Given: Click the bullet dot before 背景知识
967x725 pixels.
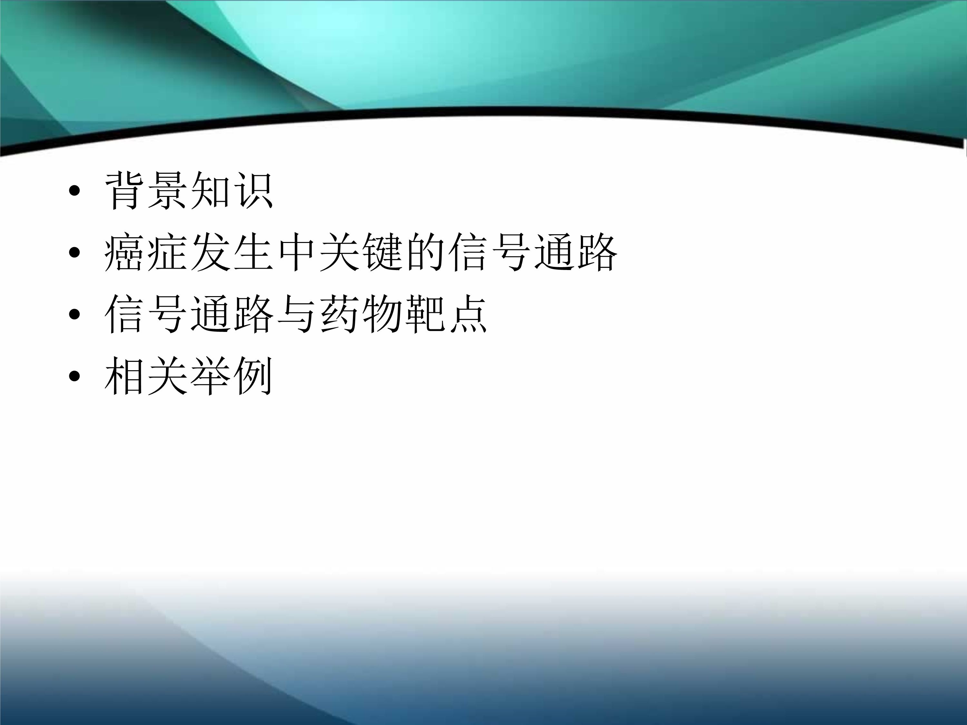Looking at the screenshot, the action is coord(75,191).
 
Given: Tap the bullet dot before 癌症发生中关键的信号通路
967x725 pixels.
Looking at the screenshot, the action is coord(75,253).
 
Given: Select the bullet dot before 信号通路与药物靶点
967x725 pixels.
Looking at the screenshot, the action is coord(75,314).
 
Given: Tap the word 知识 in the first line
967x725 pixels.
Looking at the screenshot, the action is coord(232,191).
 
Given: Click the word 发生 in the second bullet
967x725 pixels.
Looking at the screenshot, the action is coord(232,253).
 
